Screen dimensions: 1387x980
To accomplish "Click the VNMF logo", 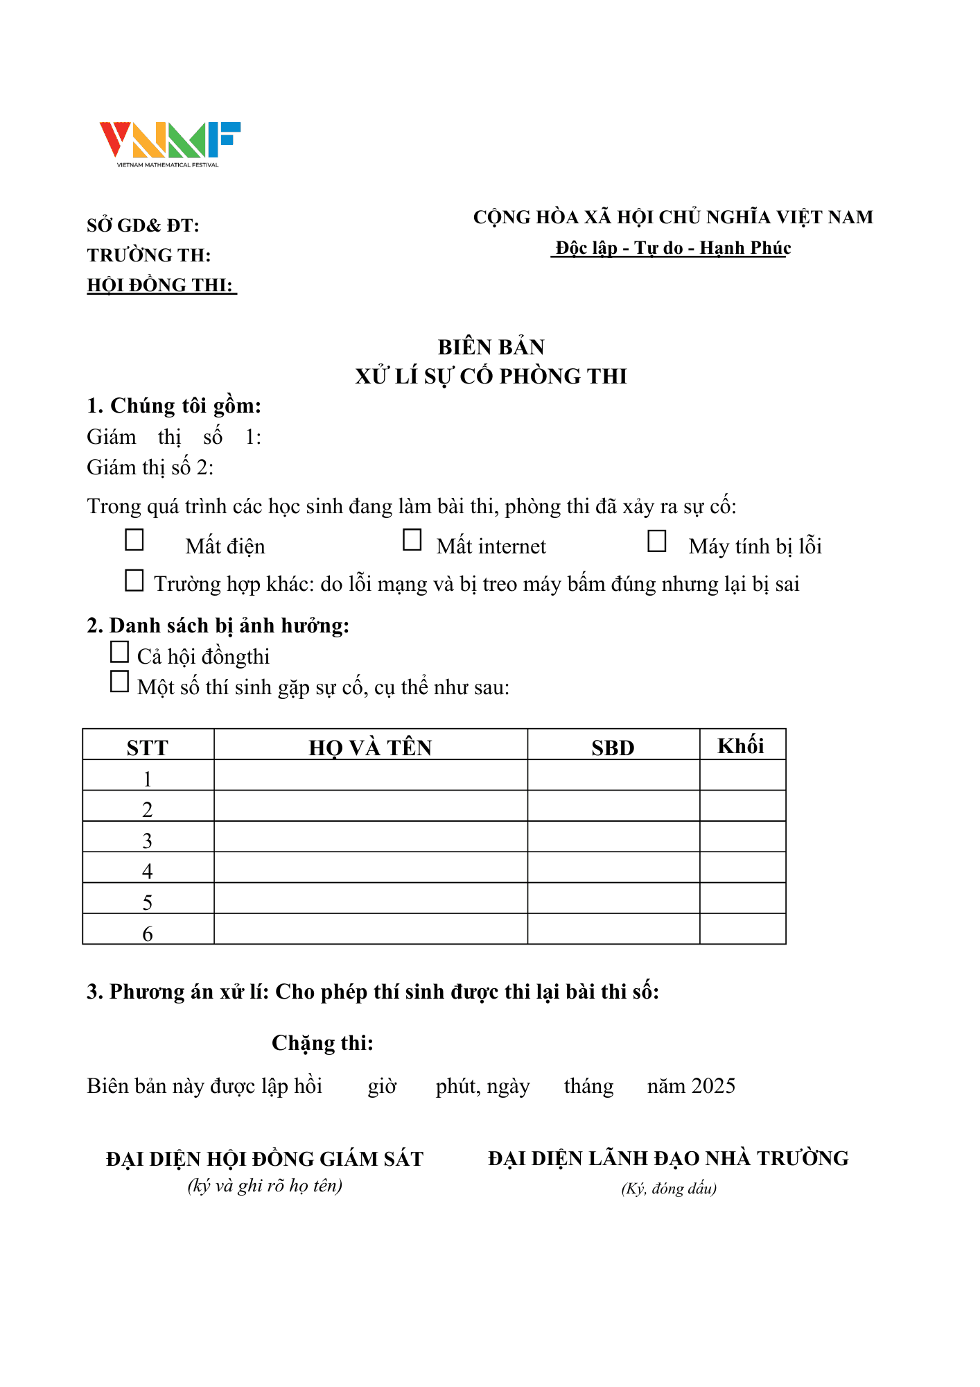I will [x=170, y=144].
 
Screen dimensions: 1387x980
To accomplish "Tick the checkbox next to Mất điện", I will [x=134, y=540].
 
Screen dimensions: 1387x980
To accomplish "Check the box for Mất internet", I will [x=412, y=540].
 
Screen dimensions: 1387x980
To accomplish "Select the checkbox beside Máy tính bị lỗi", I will [x=657, y=541].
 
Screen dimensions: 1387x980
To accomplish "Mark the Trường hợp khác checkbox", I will [x=134, y=580].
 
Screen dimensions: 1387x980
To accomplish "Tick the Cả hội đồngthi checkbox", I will [x=120, y=652].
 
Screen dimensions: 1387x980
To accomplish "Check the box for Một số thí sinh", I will [x=120, y=682].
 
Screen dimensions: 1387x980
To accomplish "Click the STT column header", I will [x=148, y=747].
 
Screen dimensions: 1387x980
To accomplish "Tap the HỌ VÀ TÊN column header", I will [x=370, y=747].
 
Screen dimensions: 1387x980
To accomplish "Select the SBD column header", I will [x=613, y=747].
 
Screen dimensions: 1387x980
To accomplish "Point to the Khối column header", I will [x=741, y=746].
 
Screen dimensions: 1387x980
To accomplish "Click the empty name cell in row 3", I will [x=370, y=837].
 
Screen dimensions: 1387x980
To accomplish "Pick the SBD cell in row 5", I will [x=613, y=898].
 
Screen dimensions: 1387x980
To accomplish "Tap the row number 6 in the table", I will [x=148, y=933].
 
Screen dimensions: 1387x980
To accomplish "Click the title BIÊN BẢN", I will [x=491, y=347].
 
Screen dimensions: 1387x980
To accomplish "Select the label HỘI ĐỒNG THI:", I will [x=160, y=285].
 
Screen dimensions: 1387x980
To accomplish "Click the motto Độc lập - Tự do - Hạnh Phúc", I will [x=672, y=248].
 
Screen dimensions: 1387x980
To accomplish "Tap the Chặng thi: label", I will [x=322, y=1043].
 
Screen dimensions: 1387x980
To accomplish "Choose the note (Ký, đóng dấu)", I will [x=669, y=1189].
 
